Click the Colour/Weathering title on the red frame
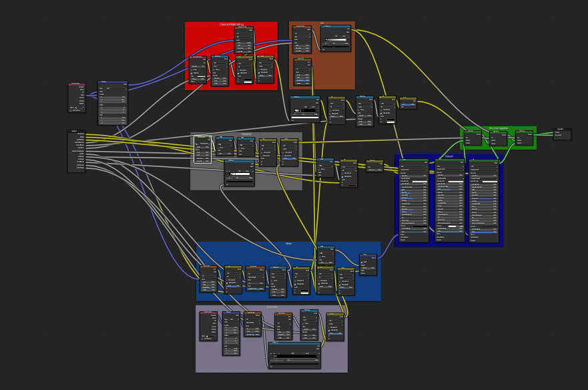point(231,25)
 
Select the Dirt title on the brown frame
point(322,23)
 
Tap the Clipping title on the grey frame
point(246,134)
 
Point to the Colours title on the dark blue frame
point(449,157)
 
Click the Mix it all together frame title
point(499,128)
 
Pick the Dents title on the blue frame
point(288,244)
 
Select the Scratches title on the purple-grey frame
point(272,308)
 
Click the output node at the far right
point(562,133)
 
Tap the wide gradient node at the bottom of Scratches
point(294,355)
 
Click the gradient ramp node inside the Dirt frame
point(335,38)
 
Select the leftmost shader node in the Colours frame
point(414,200)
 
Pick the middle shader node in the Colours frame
point(449,200)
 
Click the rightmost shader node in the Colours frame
point(484,200)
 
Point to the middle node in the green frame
point(499,138)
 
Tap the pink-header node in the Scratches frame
point(208,326)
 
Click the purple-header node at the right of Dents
point(368,264)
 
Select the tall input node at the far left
point(76,151)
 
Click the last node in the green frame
point(524,138)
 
